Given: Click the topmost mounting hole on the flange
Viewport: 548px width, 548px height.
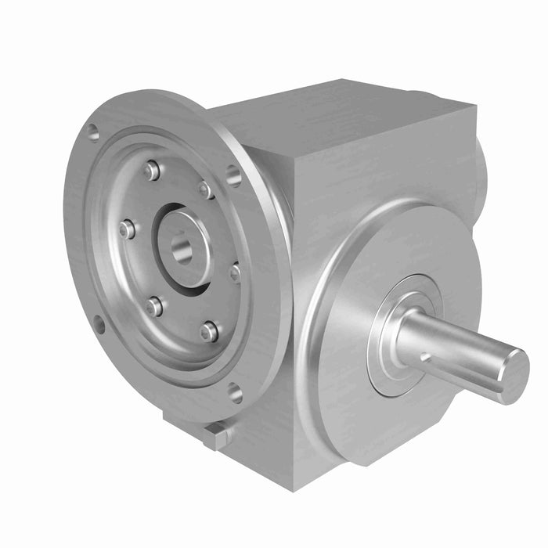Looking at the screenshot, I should (x=93, y=133).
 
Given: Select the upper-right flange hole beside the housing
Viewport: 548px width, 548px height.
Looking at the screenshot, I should (x=233, y=175).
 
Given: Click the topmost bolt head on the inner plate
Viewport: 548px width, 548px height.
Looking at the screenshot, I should (x=152, y=170).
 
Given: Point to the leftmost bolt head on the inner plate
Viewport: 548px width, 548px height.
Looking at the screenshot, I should (x=127, y=229).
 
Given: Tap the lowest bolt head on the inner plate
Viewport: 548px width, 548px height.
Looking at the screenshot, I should (x=209, y=331).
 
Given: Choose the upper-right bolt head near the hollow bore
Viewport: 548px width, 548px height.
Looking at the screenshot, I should (x=206, y=189).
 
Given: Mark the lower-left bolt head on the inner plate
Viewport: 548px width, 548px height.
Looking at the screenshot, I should (x=154, y=306).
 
